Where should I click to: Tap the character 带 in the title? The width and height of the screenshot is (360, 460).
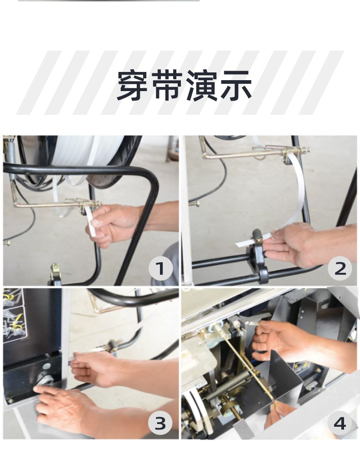(x=167, y=85)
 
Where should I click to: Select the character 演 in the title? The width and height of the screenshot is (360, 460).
(x=201, y=85)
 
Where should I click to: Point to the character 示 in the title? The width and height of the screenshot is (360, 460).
(x=236, y=85)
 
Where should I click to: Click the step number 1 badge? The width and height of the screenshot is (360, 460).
(x=160, y=269)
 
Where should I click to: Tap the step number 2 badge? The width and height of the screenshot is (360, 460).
(x=340, y=268)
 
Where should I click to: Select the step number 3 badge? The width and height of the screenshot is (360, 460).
(x=160, y=423)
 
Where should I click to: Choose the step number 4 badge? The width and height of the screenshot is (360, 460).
(x=340, y=424)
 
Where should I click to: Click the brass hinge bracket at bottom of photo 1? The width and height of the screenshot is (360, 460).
(x=55, y=273)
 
